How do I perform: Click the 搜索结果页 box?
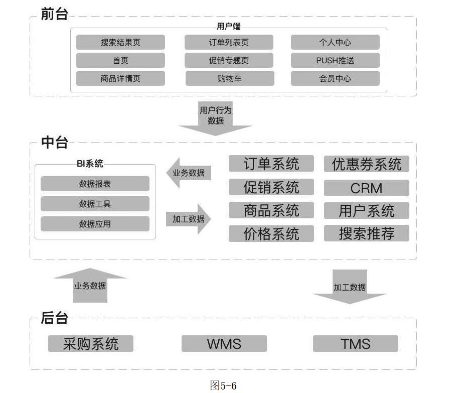[120, 42]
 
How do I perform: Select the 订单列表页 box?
[229, 42]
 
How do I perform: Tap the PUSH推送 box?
[335, 60]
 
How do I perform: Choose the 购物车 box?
[230, 78]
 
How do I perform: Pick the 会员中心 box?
[335, 78]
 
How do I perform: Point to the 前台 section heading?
[54, 14]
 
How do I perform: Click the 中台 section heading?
[54, 142]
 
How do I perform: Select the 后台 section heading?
[54, 318]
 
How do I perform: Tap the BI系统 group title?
[90, 164]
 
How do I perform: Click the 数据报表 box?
[95, 184]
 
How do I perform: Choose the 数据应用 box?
[95, 224]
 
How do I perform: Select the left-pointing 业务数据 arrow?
[188, 173]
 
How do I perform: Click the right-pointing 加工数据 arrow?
[189, 219]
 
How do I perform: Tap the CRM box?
[366, 188]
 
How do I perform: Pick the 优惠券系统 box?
[366, 164]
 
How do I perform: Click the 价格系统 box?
[271, 234]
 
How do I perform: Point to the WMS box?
[224, 344]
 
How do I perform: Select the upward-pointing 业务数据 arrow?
[90, 286]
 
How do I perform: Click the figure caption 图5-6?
[223, 385]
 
